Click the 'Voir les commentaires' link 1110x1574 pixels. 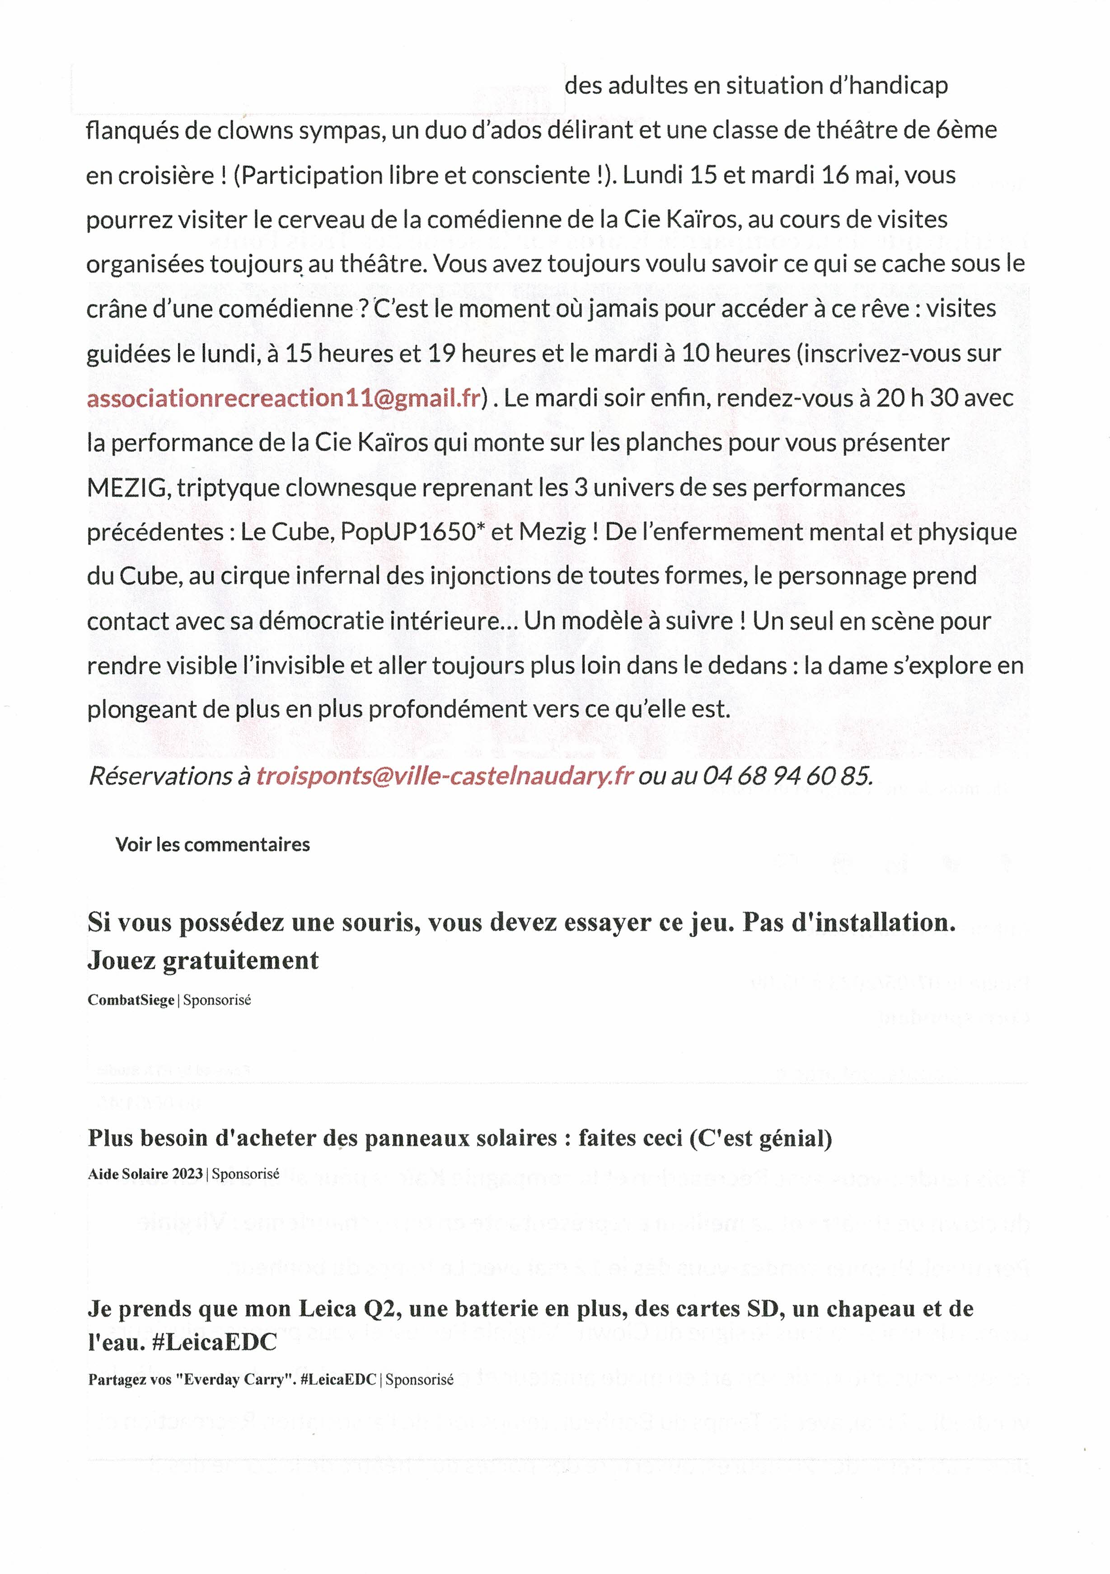coord(212,844)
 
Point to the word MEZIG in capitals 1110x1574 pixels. coord(127,487)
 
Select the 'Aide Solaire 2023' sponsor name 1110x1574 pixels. coord(145,1174)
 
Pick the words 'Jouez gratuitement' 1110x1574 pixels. coord(203,960)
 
